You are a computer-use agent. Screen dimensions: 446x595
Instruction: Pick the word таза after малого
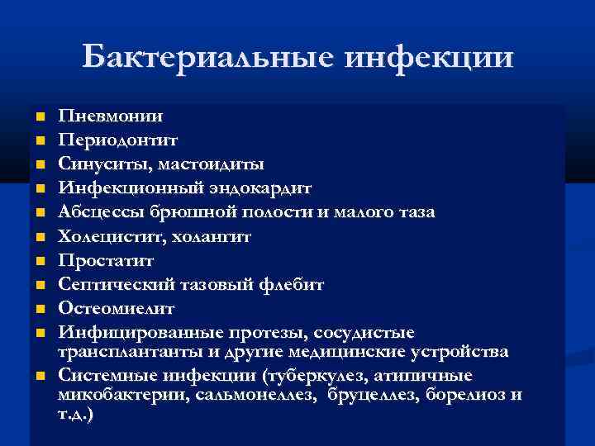click(x=415, y=212)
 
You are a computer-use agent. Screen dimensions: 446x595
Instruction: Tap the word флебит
click(x=293, y=284)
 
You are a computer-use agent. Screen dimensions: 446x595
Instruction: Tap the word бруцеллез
click(x=374, y=395)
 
